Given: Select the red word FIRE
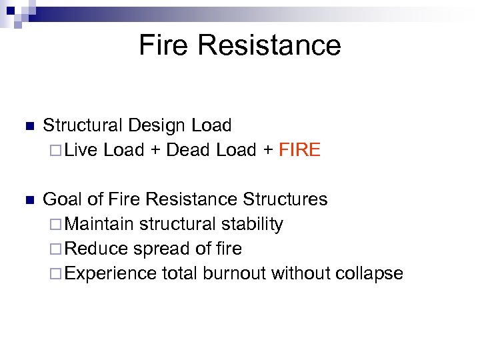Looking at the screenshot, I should click(x=299, y=150).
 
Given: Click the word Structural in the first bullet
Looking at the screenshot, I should click(x=83, y=125).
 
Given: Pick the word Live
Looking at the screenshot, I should click(x=82, y=150).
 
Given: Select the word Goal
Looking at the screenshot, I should click(x=62, y=199).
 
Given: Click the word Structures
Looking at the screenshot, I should click(x=285, y=199).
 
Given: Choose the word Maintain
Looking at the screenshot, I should click(x=100, y=224).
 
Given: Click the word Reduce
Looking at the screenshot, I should click(x=97, y=249).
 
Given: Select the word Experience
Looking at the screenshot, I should click(x=112, y=273).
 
